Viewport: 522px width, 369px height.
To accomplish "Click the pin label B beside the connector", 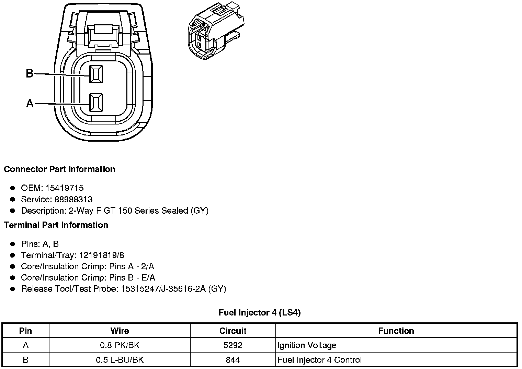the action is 30,73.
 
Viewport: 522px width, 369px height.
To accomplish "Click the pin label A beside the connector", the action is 30,103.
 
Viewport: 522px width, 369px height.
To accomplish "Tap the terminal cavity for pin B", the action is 96,74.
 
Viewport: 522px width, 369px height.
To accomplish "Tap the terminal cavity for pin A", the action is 96,103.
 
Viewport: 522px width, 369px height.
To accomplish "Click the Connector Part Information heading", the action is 59,169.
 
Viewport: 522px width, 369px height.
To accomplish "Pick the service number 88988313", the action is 73,199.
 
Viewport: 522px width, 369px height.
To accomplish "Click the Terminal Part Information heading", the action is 56,225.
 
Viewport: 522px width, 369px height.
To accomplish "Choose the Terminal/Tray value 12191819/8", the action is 101,255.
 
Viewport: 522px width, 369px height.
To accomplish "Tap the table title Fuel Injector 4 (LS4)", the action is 260,313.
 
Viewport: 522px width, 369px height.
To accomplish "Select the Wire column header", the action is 120,331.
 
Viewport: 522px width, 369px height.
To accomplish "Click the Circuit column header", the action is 233,331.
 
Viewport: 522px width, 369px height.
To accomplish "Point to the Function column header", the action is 396,331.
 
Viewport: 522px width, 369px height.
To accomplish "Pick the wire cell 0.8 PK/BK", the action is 120,345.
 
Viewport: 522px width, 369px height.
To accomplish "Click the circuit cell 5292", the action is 233,345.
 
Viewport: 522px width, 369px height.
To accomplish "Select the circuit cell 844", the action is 233,360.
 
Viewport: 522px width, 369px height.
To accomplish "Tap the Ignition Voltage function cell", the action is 307,345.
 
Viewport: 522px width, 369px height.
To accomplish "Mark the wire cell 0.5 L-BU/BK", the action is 120,360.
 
